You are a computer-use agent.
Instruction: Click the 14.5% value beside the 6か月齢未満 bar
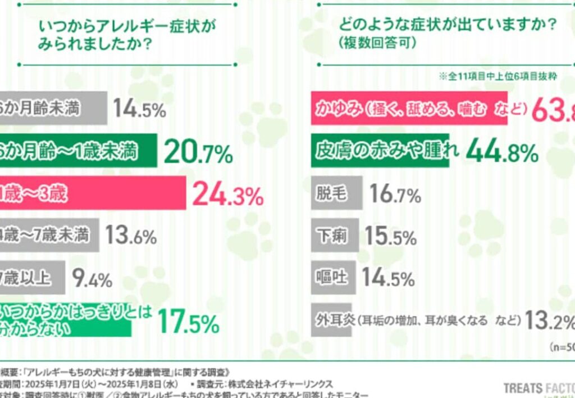tap(139, 108)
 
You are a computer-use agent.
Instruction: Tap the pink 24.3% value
tap(227, 195)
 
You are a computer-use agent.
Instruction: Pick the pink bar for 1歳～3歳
tap(93, 193)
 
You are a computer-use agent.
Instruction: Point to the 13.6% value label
tap(131, 236)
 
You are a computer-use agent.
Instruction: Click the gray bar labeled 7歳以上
tap(33, 278)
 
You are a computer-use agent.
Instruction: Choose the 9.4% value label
tap(92, 278)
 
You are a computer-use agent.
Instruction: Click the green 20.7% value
tap(198, 152)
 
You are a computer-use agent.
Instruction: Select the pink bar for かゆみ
tap(410, 107)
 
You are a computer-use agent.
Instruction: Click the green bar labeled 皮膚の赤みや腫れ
tap(381, 150)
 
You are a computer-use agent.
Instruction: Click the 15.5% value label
tap(391, 237)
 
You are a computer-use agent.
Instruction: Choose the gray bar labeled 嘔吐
tap(332, 278)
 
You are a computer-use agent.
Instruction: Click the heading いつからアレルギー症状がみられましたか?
tap(126, 35)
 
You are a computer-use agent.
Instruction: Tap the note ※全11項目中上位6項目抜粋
tap(498, 76)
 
